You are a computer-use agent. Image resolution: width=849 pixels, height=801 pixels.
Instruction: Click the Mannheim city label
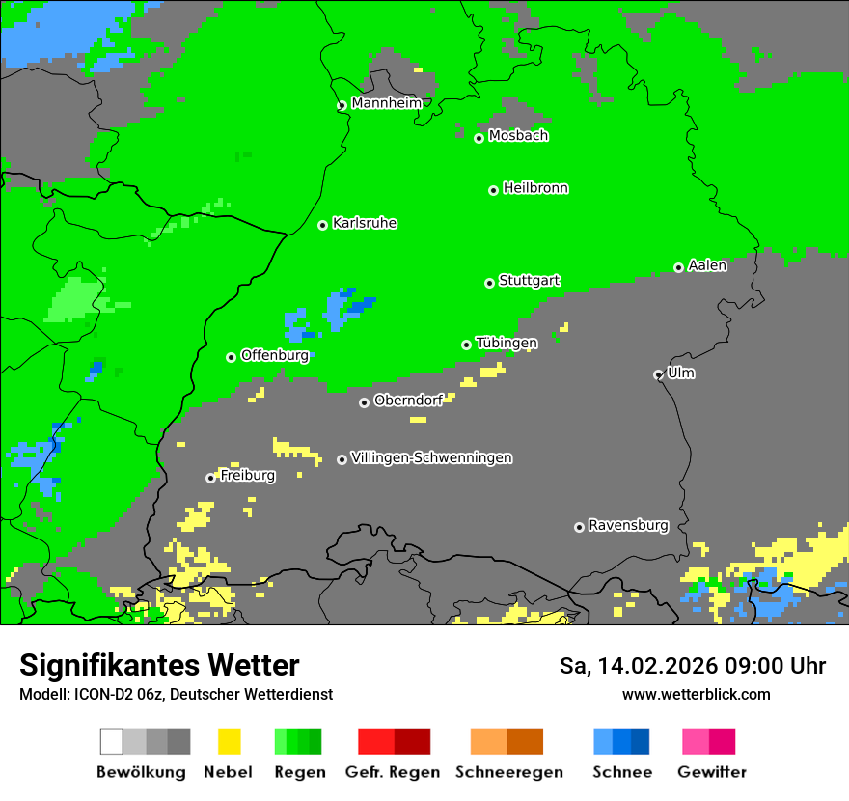[386, 102]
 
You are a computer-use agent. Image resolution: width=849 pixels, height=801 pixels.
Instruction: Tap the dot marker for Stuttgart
[489, 283]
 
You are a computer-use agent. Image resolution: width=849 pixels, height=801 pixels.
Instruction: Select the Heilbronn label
[535, 188]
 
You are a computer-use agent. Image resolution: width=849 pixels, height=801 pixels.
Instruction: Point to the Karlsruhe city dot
[323, 225]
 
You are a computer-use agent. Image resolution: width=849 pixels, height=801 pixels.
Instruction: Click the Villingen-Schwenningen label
[431, 457]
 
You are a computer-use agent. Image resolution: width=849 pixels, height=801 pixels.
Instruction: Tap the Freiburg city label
[247, 475]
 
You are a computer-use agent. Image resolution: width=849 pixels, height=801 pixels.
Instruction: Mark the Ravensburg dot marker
[579, 527]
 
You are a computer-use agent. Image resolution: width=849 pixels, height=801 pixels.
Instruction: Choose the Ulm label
[681, 373]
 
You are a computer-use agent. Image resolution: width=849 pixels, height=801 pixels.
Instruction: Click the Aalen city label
[707, 265]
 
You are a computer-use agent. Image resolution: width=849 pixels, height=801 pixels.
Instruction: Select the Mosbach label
[518, 135]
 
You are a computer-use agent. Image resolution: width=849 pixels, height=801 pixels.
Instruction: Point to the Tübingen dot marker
[467, 345]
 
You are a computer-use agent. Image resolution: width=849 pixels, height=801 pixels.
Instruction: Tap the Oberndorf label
[408, 400]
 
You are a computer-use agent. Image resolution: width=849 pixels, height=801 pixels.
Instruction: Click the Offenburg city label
[275, 355]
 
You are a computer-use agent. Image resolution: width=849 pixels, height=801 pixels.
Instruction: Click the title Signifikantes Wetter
[159, 665]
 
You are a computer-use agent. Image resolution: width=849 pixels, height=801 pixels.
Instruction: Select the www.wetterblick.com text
[696, 694]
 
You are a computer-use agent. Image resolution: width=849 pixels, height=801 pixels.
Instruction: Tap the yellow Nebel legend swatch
[229, 741]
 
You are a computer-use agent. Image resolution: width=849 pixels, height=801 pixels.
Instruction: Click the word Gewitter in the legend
[712, 772]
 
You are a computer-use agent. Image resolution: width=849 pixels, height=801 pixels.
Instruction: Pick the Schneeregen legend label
[509, 772]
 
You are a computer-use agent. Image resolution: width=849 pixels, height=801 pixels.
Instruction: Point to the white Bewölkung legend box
[112, 741]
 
